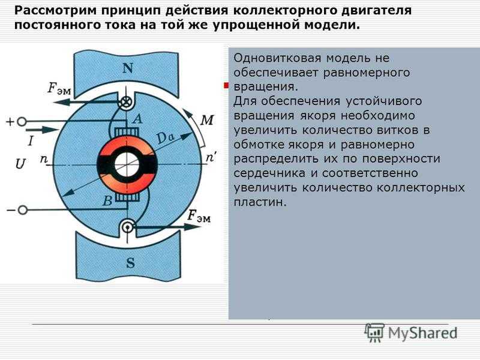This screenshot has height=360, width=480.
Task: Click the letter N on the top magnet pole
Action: coord(128,68)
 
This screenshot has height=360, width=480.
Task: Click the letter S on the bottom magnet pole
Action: coord(130,263)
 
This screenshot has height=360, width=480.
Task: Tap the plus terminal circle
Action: coord(22,122)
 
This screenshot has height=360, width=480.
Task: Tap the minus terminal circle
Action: coord(22,210)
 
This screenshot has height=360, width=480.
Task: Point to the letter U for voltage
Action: coord(20,164)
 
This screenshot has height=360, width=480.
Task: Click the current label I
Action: coord(31,141)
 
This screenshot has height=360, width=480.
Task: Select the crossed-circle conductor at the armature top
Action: coord(126,102)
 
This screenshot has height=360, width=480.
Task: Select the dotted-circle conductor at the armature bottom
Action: coord(127,227)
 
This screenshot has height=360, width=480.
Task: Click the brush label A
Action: coord(138,118)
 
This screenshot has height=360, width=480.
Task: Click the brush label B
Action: coord(107,201)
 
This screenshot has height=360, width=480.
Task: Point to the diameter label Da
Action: coord(166,138)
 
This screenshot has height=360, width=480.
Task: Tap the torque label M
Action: coord(207,120)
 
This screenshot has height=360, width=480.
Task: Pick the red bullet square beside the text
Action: coord(226,85)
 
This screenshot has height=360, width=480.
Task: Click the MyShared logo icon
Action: coord(374,333)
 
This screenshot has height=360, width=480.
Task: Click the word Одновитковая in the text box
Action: coord(278,58)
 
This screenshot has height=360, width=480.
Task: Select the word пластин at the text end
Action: coord(260,202)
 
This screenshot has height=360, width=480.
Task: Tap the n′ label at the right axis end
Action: coord(211,158)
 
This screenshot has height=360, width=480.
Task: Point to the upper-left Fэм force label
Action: coord(59,88)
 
